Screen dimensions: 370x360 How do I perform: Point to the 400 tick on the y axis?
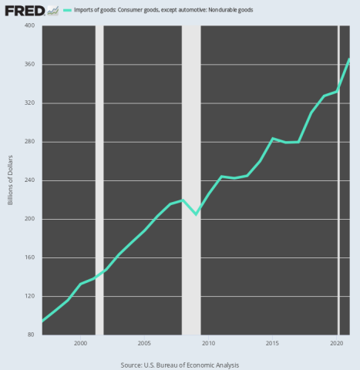tap(30, 25)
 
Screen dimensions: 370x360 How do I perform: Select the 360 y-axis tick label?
tap(30, 64)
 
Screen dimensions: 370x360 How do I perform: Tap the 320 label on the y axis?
tap(30, 103)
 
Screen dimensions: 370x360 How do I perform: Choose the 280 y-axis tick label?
tap(30, 142)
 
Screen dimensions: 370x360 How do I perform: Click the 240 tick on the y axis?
tap(30, 180)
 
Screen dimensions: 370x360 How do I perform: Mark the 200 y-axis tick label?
tap(30, 219)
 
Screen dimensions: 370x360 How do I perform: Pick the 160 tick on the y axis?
tap(30, 257)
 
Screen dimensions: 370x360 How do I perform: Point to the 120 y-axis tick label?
tap(30, 296)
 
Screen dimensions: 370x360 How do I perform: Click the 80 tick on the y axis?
tap(32, 335)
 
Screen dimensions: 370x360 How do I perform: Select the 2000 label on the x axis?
tap(80, 342)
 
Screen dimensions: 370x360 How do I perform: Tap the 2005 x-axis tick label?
tap(144, 342)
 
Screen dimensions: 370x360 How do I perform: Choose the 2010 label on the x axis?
tap(208, 342)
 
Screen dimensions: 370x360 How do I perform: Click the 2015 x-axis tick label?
tap(272, 342)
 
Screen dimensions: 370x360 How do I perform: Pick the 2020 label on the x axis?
tap(337, 342)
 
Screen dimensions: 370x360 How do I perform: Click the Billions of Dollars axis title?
tap(11, 180)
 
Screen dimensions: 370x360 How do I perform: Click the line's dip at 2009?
tap(196, 214)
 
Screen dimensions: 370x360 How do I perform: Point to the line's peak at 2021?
tap(349, 59)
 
